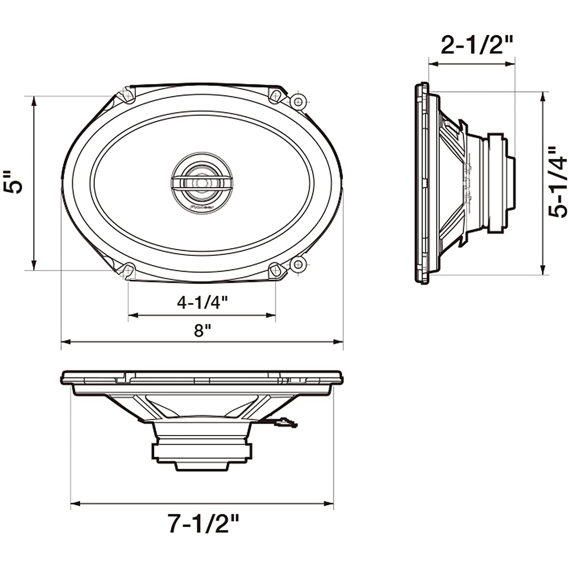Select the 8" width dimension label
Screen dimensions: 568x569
[x=202, y=330]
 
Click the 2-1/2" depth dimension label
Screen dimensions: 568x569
[x=476, y=46]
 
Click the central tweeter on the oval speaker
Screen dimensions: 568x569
[x=202, y=183]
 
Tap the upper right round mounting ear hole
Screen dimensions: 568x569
[x=298, y=102]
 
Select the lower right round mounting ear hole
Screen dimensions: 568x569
[x=298, y=263]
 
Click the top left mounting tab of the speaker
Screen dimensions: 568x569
[x=128, y=95]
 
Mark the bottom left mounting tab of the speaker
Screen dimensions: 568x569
[x=128, y=270]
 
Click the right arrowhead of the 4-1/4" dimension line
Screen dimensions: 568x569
[x=271, y=315]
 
